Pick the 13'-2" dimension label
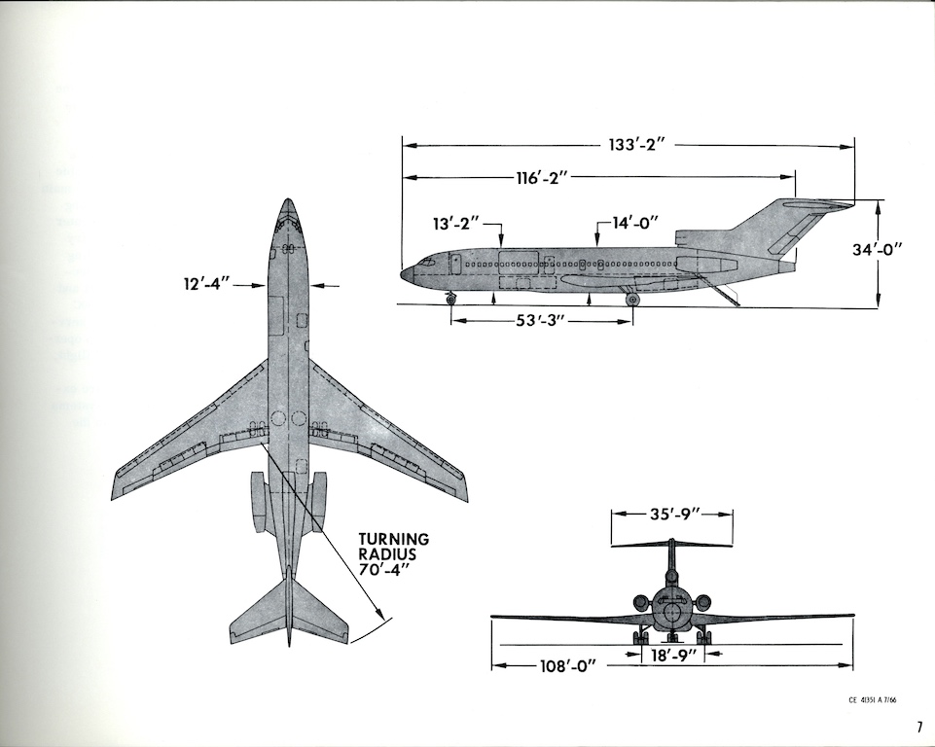point(456,224)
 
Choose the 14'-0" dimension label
point(634,223)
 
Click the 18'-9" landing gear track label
point(671,657)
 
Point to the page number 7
point(917,727)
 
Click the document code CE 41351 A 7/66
point(872,698)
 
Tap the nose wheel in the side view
point(450,299)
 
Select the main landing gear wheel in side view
point(632,300)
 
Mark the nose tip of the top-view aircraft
point(287,201)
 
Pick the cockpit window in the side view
point(425,263)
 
